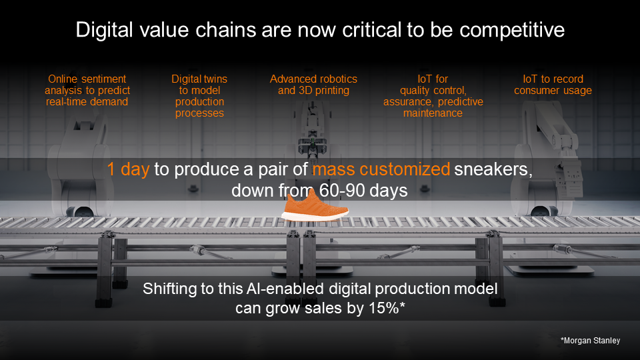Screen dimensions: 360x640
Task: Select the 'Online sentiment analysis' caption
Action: [x=87, y=90]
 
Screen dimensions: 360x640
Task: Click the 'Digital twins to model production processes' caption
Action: [x=200, y=96]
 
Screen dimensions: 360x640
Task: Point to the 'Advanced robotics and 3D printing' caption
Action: [x=313, y=85]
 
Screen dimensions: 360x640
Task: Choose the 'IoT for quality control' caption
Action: [x=433, y=96]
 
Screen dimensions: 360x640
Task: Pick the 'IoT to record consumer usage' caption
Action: [x=553, y=85]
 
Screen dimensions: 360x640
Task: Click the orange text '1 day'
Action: [x=129, y=169]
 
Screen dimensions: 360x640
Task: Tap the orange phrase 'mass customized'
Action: [x=381, y=169]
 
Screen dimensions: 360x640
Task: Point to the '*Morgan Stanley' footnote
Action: [x=590, y=341]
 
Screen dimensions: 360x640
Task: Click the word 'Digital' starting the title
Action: [x=101, y=30]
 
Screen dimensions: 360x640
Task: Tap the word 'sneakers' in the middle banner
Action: [x=493, y=169]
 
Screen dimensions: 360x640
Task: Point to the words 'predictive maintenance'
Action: [x=433, y=107]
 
